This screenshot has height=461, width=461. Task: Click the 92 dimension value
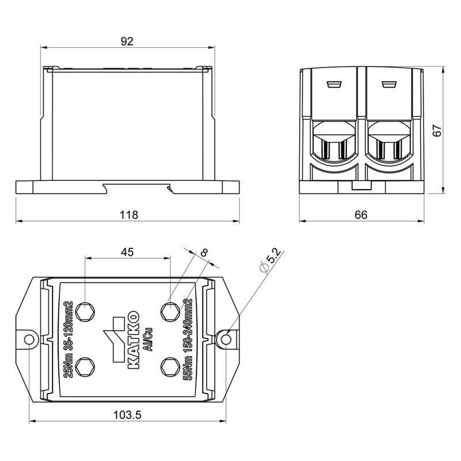(x=127, y=41)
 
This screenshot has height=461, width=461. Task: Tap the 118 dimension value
(x=129, y=215)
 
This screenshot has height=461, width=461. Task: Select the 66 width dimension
(x=361, y=215)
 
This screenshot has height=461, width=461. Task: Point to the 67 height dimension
(x=437, y=131)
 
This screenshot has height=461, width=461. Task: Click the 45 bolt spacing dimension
(x=127, y=252)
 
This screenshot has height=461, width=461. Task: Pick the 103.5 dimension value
(x=127, y=415)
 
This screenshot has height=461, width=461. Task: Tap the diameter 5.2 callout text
(x=270, y=260)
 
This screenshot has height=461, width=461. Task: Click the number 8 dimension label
(x=204, y=253)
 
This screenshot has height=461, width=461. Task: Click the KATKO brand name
(x=134, y=339)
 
